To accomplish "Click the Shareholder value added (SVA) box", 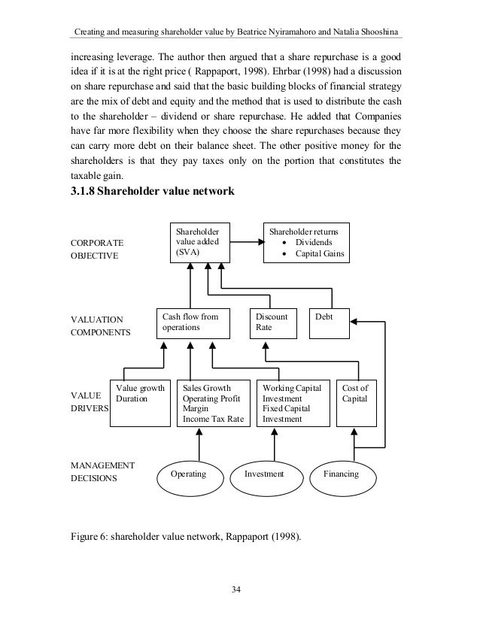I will point(199,242).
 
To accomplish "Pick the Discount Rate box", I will point(273,323).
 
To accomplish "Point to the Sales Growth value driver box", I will point(213,404).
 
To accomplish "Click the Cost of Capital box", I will point(355,402).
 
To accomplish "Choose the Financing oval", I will point(341,475).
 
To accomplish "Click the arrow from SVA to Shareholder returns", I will point(246,243).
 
